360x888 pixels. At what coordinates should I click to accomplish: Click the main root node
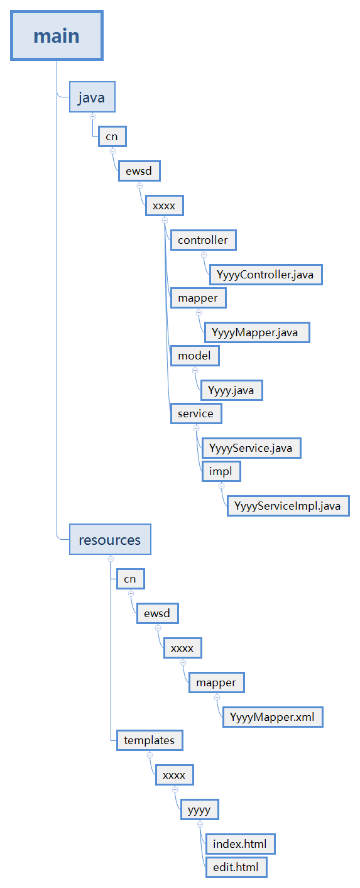point(57,36)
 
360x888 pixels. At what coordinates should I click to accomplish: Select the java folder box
point(92,97)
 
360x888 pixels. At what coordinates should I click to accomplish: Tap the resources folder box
point(110,540)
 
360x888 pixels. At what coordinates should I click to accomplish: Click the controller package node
point(204,240)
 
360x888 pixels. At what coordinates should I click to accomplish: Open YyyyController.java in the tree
point(266,275)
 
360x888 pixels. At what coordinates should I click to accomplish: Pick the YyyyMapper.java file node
point(257,332)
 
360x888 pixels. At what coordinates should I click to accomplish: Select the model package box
point(195,356)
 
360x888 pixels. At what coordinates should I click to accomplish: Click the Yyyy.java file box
point(232,390)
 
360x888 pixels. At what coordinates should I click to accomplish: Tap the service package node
point(196,414)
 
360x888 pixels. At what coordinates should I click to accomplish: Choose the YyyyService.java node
point(251,448)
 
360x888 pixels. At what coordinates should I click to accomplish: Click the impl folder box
point(221,472)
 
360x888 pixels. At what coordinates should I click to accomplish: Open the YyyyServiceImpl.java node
point(288,507)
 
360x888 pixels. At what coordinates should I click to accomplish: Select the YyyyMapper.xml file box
point(273,717)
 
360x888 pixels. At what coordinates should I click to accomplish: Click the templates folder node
point(150,740)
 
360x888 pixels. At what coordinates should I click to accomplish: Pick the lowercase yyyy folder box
point(199,809)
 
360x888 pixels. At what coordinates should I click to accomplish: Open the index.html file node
point(240,844)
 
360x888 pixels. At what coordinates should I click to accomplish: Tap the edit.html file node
point(236,867)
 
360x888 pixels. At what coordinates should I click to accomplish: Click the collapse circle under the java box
point(93,116)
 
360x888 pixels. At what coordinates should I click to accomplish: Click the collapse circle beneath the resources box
point(111,559)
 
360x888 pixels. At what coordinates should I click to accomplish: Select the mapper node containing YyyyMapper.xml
point(217,682)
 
